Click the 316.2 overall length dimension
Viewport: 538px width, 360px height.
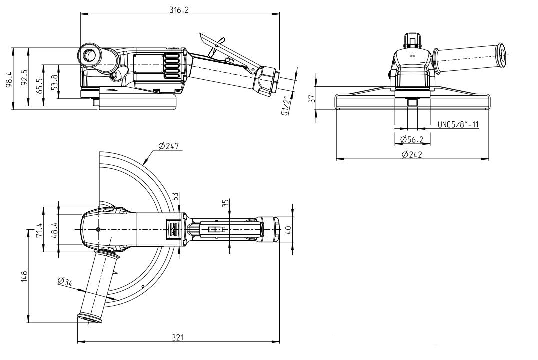coord(178,10)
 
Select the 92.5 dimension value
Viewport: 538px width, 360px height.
coord(24,78)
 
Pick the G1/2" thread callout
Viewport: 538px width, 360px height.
coord(285,106)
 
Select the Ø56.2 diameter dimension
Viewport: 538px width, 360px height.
coord(412,139)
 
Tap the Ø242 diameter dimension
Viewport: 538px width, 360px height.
coord(412,154)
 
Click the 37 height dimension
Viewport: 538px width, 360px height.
coord(312,98)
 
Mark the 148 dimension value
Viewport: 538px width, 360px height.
coord(24,276)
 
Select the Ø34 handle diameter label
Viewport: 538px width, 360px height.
coord(65,282)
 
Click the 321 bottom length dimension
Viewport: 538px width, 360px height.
coord(178,338)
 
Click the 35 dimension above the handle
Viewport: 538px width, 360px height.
coord(225,203)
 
